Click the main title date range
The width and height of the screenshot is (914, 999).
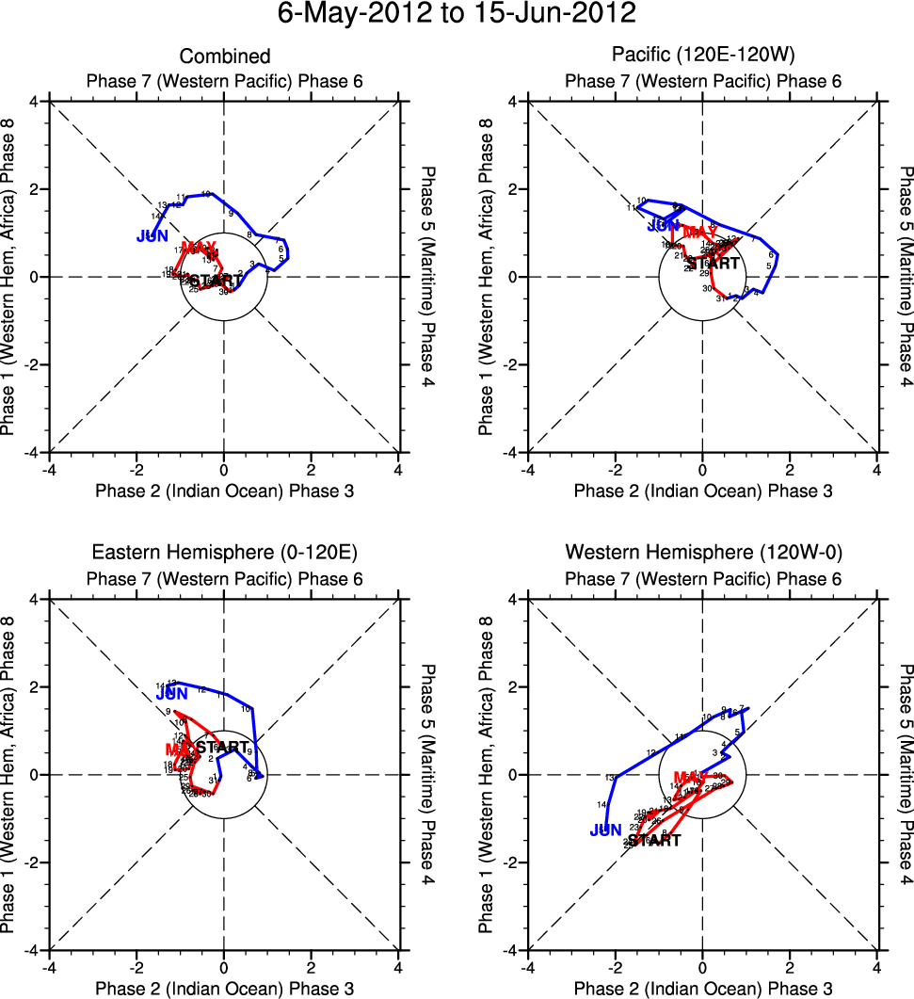tap(457, 16)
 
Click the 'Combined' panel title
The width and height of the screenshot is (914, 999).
tap(224, 57)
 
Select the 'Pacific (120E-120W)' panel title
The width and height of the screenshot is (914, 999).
tap(703, 57)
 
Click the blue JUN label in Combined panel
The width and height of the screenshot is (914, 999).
tap(152, 236)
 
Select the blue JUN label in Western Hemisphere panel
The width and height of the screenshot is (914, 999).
tap(606, 830)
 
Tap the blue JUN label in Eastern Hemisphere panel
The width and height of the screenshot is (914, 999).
tap(172, 694)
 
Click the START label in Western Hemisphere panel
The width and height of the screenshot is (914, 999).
tap(653, 840)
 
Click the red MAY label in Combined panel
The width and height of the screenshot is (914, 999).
tap(199, 248)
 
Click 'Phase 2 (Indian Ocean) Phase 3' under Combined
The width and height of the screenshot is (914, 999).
tap(224, 491)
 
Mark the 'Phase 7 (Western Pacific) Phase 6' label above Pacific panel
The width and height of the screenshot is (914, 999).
tap(703, 81)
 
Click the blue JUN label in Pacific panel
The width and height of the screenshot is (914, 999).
tap(663, 226)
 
